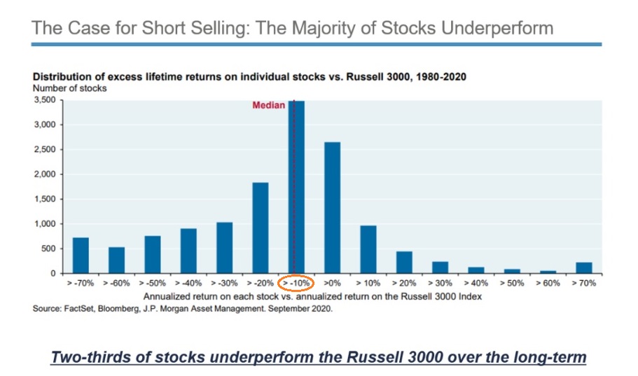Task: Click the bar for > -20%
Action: click(261, 228)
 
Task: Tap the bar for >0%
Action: click(332, 208)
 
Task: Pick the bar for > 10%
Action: click(368, 249)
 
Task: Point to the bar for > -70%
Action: click(81, 256)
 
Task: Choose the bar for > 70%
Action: click(584, 267)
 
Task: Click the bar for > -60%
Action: click(116, 260)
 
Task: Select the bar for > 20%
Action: click(404, 262)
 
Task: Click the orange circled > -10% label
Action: click(296, 283)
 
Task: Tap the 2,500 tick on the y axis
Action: click(46, 149)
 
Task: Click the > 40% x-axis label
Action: click(476, 283)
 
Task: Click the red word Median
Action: click(268, 106)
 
